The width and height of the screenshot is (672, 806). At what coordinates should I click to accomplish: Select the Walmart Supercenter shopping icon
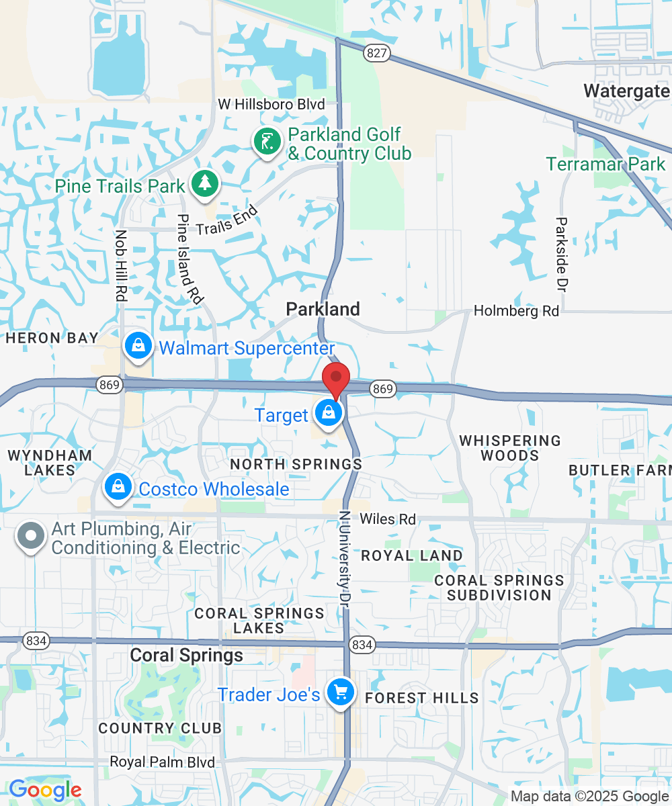pos(138,347)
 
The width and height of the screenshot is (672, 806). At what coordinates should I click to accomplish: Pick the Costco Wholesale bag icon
pos(118,487)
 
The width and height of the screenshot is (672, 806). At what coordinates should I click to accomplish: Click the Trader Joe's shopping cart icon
pos(340,692)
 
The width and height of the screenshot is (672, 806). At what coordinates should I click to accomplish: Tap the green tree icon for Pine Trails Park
pos(204,183)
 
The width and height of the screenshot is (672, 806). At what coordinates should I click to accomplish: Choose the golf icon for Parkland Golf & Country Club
pos(267,142)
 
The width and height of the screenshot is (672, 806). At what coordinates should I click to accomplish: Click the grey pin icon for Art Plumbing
pos(31,537)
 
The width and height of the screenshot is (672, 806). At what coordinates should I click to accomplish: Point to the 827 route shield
pos(378,53)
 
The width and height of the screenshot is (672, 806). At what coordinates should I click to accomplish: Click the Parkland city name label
pos(323,309)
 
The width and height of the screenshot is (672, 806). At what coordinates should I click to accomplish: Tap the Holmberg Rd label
pos(516,311)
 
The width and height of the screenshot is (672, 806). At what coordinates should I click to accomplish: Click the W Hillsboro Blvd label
pos(271,104)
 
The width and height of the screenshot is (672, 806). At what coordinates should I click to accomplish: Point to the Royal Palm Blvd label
pos(162,762)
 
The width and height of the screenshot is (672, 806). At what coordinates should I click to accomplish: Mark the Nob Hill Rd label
pos(121,265)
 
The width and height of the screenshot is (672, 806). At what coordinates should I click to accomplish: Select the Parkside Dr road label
pos(562,254)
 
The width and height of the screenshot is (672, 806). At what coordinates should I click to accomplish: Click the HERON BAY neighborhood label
pos(52,338)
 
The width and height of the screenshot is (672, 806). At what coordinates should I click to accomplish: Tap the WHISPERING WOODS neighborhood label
pos(510,448)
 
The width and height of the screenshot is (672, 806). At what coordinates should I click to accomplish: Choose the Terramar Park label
pos(605,164)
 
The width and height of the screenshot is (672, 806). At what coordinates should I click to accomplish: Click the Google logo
pos(45,790)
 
